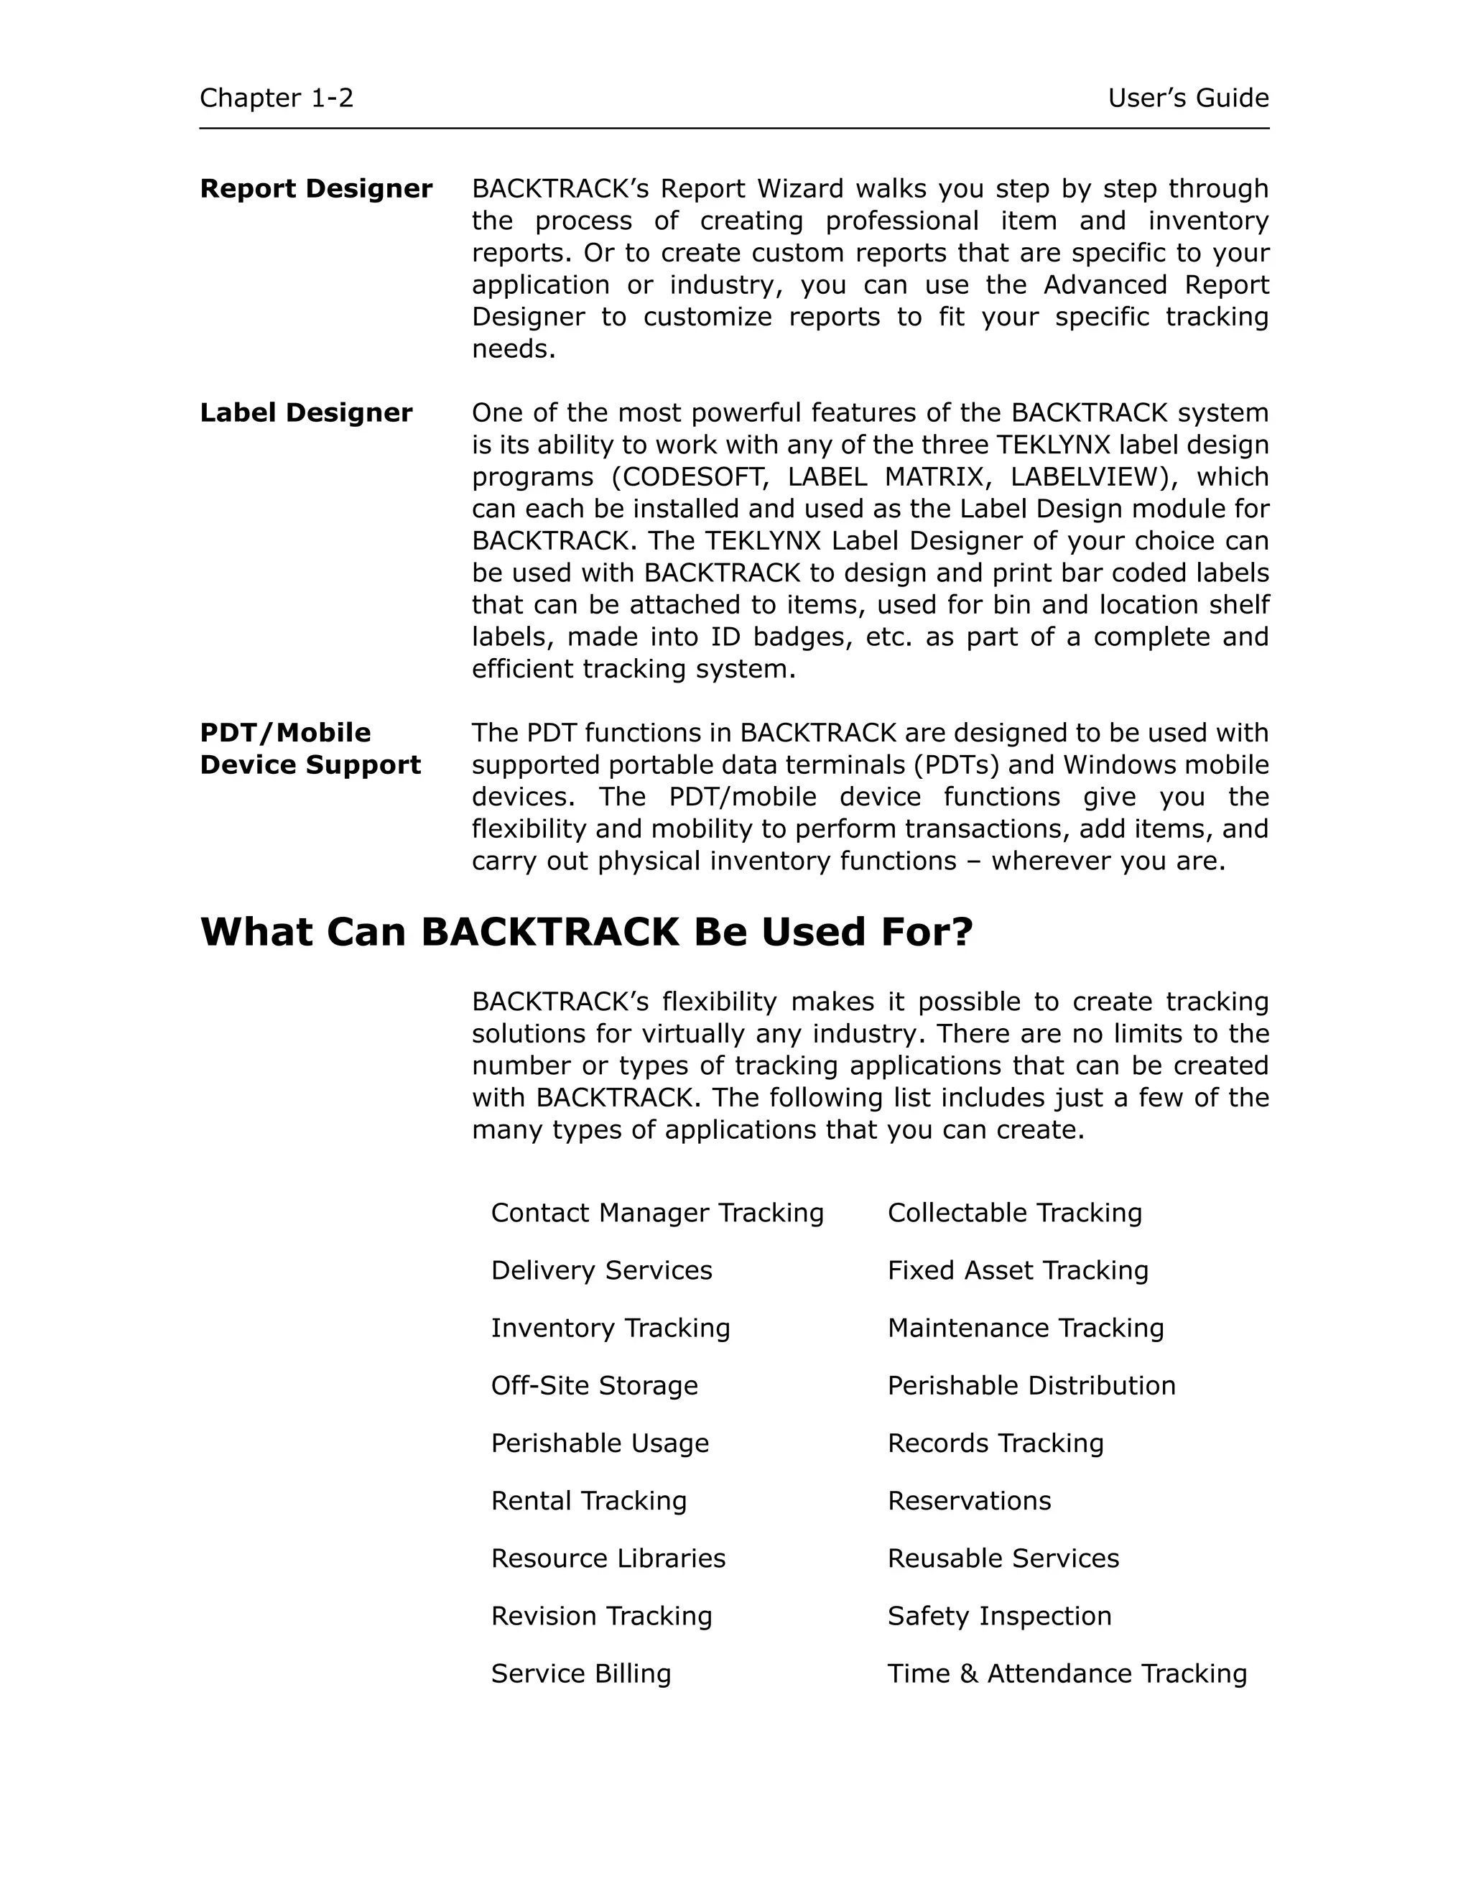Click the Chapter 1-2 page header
point(277,98)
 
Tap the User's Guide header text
point(1188,98)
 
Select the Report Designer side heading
point(315,188)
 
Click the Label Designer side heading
point(306,412)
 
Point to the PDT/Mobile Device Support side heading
point(310,748)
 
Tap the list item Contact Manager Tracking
point(657,1213)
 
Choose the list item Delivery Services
point(601,1270)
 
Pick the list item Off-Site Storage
point(594,1385)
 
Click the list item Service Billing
point(581,1673)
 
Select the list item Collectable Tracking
point(1014,1213)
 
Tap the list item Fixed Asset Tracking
point(1018,1270)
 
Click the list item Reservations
point(969,1500)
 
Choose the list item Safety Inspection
point(1000,1615)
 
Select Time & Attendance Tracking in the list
point(1067,1673)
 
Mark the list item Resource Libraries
point(608,1558)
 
